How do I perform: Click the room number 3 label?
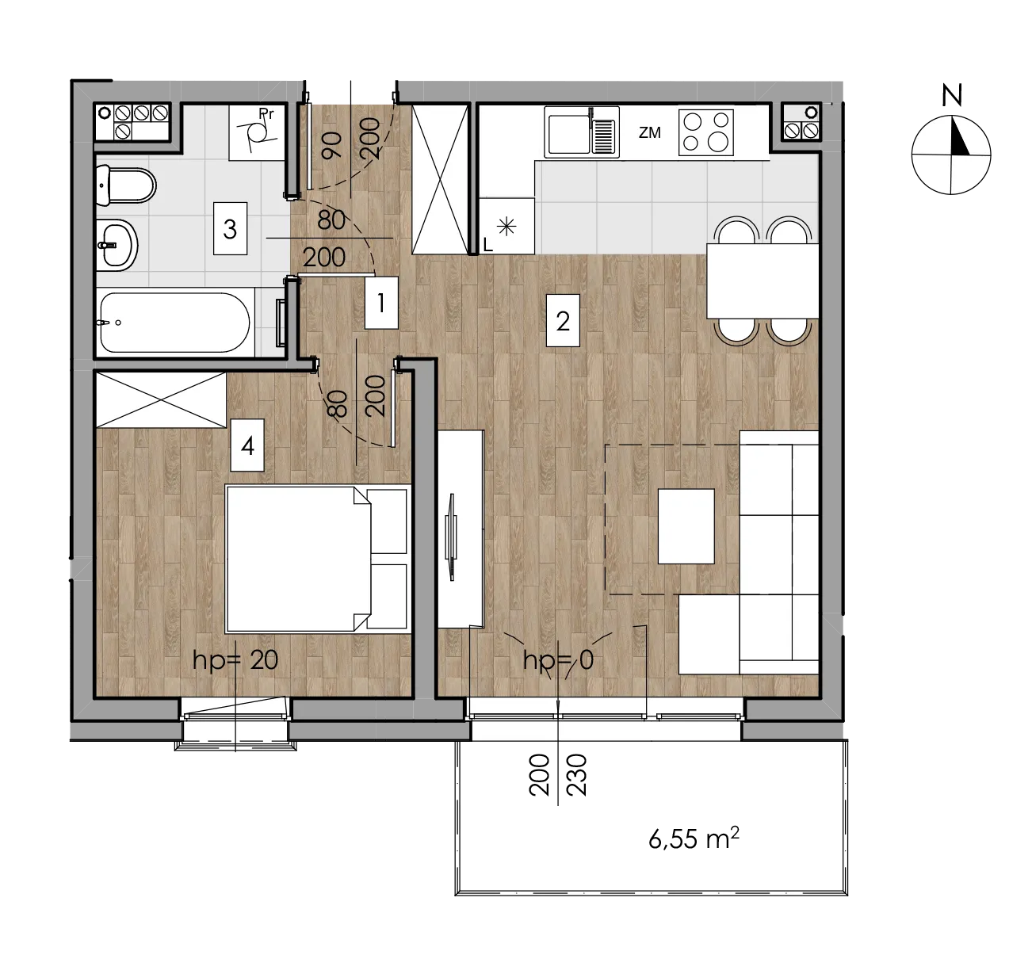(230, 228)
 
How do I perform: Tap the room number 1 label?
(381, 303)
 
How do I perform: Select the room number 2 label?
(563, 321)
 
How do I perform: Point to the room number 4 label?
(247, 445)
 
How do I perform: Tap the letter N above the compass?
(952, 95)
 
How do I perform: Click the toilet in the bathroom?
(126, 185)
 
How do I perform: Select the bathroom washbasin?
(117, 245)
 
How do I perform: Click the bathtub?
(175, 323)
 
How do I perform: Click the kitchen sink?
(582, 132)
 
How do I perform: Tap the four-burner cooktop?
(705, 132)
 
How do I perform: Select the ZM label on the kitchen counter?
(649, 133)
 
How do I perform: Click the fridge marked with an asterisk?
(506, 226)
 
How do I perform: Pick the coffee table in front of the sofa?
(686, 525)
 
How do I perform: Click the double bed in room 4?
(316, 560)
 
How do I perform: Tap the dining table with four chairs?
(763, 281)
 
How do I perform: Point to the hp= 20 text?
(235, 660)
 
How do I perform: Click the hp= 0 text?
(558, 660)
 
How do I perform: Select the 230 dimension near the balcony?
(577, 776)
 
